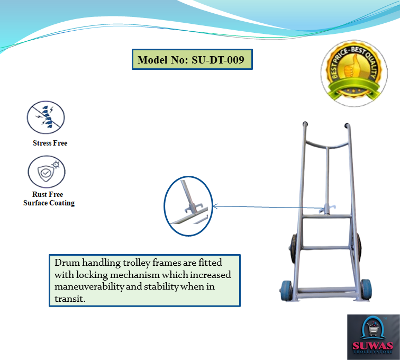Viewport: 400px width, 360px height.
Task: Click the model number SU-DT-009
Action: coord(218,60)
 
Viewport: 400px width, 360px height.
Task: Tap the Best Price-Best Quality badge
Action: coord(354,73)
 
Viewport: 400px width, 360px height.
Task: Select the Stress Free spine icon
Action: coord(46,117)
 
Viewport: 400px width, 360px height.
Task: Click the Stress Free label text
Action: coord(50,143)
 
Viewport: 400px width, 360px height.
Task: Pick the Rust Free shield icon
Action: coord(47,172)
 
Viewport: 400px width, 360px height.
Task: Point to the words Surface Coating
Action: coord(49,203)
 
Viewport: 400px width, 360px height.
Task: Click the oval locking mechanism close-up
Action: coord(188,206)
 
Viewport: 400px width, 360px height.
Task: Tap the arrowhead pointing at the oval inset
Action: coord(215,206)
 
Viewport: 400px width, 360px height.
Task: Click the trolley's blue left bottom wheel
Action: coord(286,291)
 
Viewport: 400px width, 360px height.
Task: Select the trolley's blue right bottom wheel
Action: coord(366,290)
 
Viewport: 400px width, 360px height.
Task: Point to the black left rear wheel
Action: coord(293,248)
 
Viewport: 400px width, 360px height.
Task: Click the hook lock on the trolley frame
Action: coord(327,209)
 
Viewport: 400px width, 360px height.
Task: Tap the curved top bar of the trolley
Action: coord(327,146)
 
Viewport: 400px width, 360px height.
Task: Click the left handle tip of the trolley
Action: coord(305,124)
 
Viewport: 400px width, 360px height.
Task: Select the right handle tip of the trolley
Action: coord(347,125)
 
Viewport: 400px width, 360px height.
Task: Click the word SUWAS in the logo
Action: coord(372,346)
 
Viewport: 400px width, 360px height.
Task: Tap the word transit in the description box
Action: coord(69,299)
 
